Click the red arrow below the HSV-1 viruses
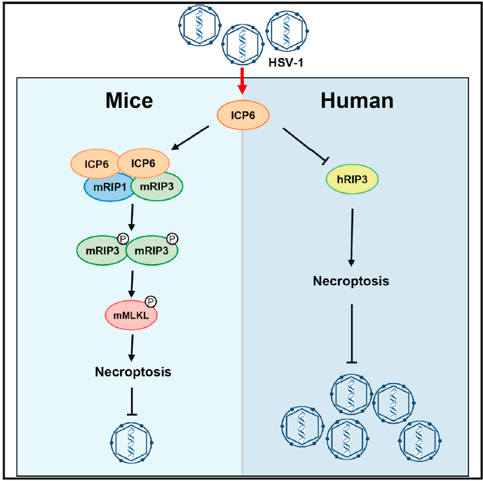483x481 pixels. point(242,81)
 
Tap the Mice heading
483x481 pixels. point(129,101)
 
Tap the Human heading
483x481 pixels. point(357,101)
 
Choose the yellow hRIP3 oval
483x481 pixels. point(352,180)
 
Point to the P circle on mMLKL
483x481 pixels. point(150,302)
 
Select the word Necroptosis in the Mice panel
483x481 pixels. point(133,371)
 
